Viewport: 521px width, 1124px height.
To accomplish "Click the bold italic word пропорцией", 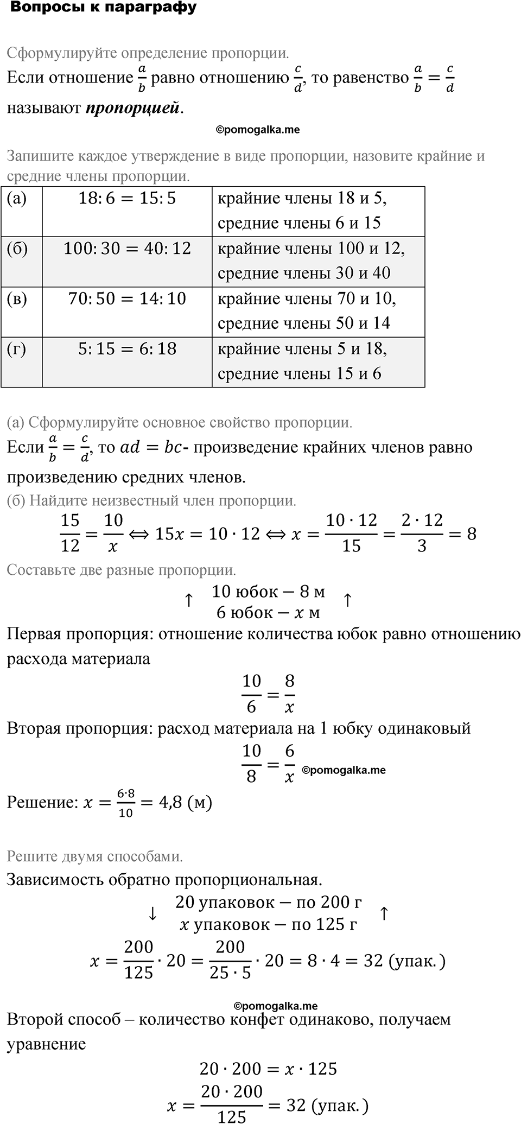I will (x=132, y=108).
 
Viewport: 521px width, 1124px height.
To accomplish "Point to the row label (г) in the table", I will (x=16, y=349).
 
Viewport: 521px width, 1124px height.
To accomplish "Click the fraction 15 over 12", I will (x=70, y=533).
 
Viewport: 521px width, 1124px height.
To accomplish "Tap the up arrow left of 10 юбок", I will (x=188, y=600).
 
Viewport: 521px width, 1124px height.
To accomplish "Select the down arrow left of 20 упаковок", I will (x=153, y=914).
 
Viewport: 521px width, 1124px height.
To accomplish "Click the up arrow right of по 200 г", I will (x=384, y=913).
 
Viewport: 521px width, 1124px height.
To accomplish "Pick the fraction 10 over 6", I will (x=251, y=694).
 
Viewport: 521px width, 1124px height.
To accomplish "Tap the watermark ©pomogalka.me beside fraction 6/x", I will (x=344, y=770).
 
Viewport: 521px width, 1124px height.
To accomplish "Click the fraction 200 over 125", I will (x=138, y=960).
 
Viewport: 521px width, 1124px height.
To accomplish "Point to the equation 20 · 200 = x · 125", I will (x=268, y=1069).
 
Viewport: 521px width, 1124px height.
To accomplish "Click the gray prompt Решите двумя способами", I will (x=94, y=856).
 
